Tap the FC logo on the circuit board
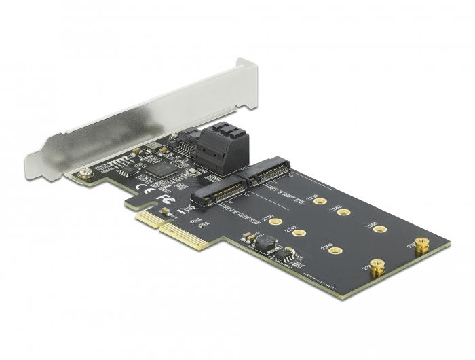(162, 200)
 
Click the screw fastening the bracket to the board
(84, 175)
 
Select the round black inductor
(265, 242)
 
